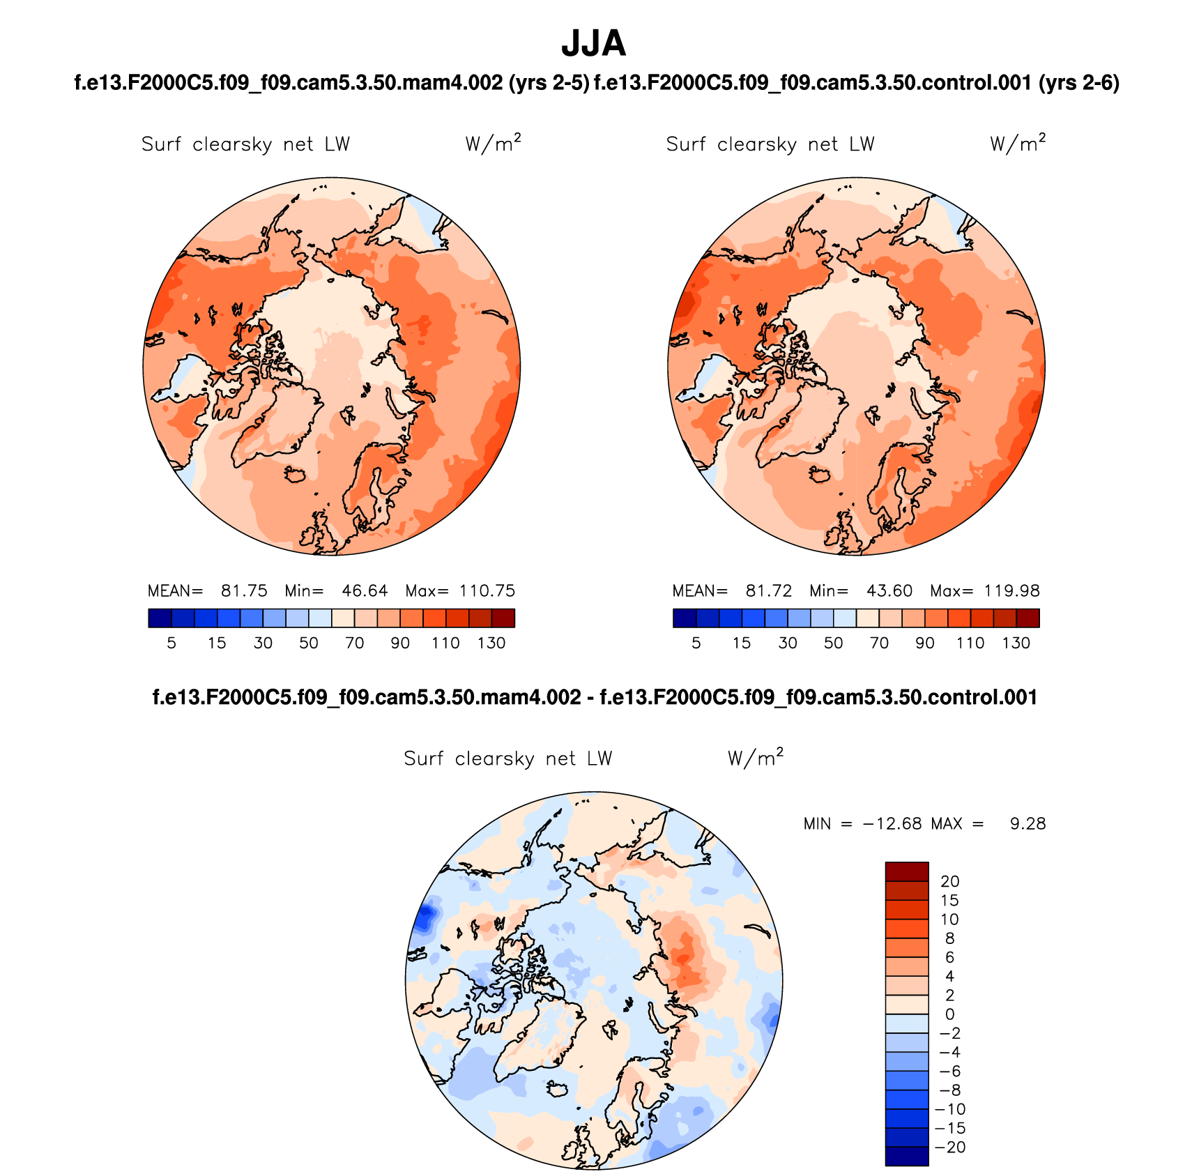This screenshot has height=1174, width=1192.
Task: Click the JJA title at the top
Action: tap(594, 44)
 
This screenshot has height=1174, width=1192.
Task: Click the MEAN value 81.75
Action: tap(244, 591)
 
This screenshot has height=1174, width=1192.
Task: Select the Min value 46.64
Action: tap(365, 591)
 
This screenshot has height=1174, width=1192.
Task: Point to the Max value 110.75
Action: tap(487, 591)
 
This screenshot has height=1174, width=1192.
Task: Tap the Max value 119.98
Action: tap(1011, 591)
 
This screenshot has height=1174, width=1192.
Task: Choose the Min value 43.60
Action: tap(889, 591)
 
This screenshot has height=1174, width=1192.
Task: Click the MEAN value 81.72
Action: tap(769, 591)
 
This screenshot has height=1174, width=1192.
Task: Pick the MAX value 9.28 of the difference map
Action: tap(1027, 824)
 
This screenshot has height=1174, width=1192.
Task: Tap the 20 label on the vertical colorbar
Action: tap(949, 882)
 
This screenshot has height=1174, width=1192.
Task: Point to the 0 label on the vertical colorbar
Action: tap(949, 1015)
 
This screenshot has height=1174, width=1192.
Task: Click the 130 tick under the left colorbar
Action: tap(491, 643)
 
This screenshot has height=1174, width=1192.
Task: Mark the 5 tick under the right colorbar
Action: tap(696, 643)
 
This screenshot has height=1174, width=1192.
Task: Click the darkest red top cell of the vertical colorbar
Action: tap(907, 872)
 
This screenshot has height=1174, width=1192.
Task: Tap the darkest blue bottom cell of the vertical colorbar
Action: tap(907, 1156)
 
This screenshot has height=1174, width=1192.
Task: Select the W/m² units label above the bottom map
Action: tap(756, 758)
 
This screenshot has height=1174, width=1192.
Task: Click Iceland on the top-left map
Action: tap(296, 474)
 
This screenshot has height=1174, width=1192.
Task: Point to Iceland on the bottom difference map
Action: tap(558, 1089)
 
